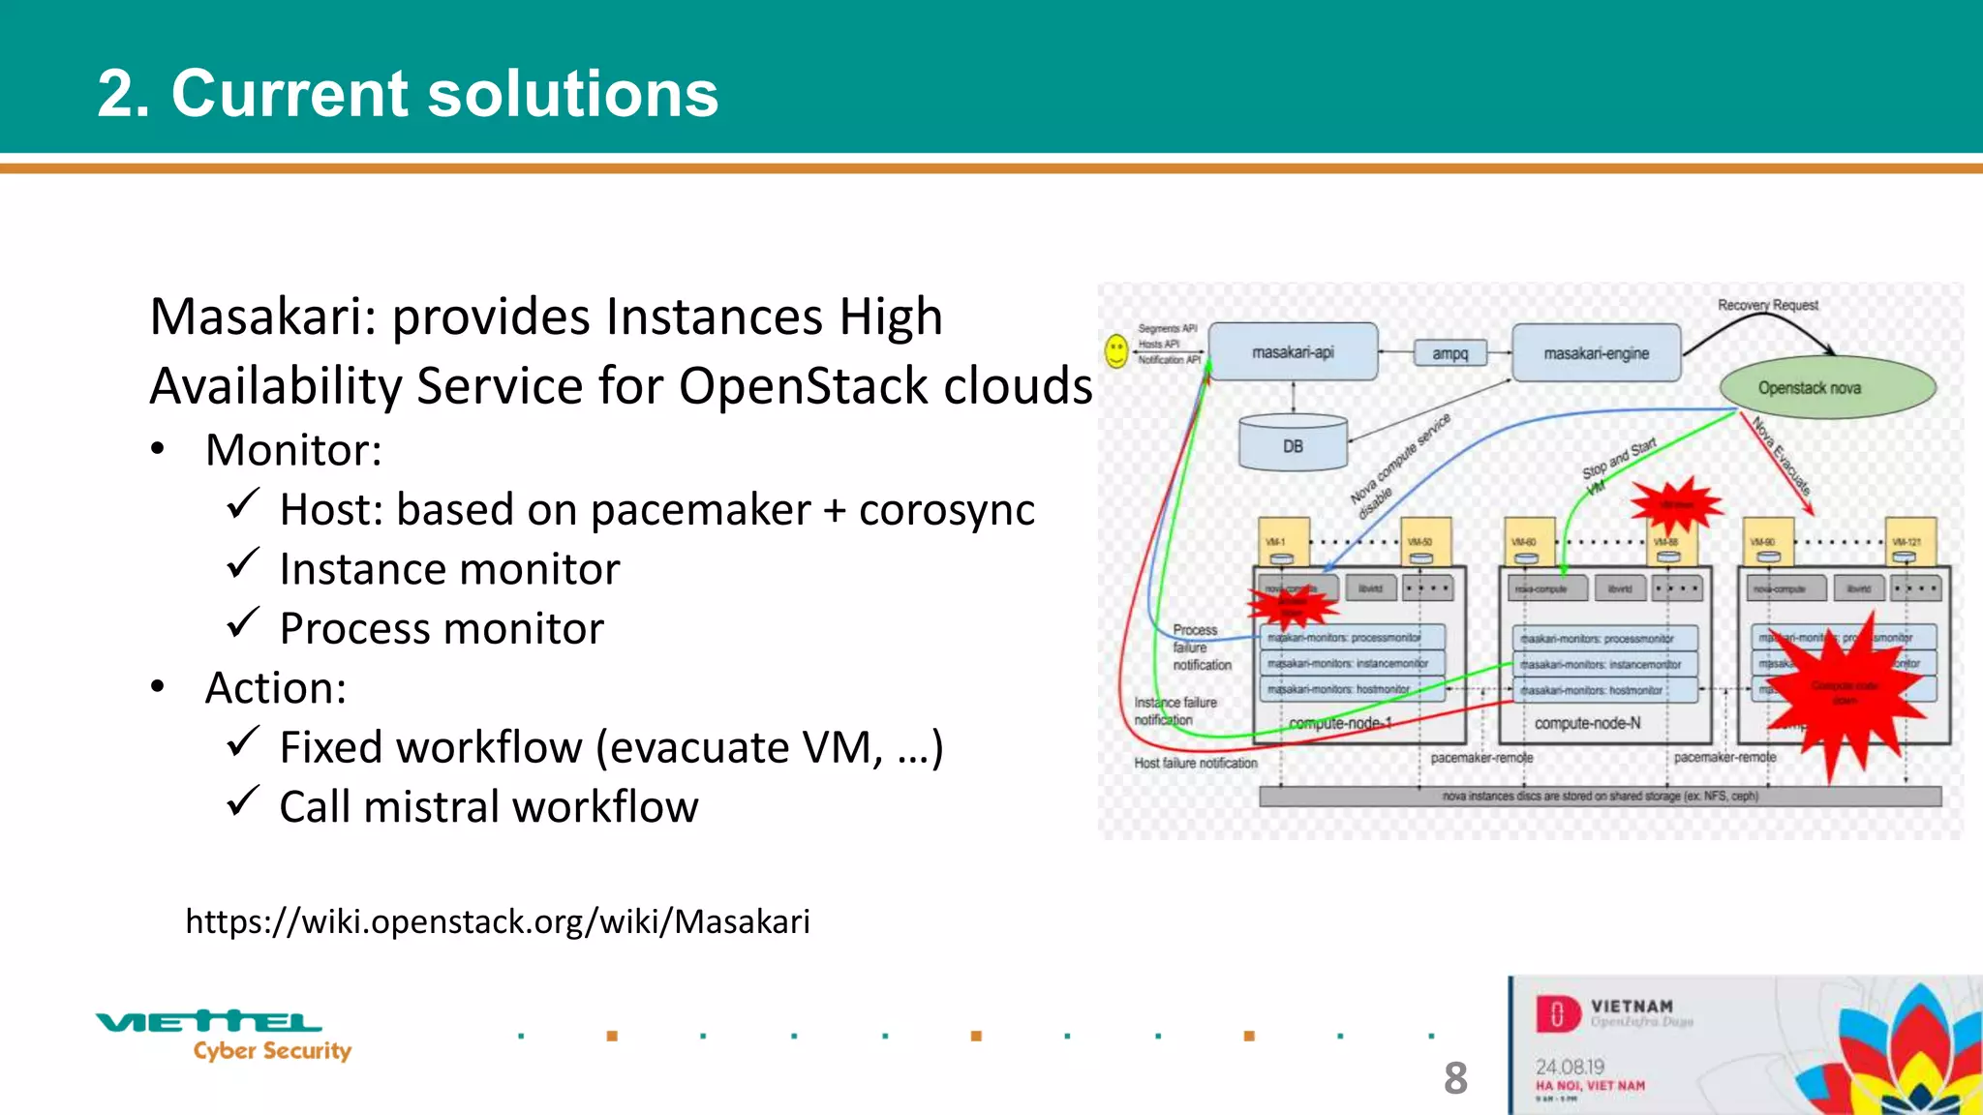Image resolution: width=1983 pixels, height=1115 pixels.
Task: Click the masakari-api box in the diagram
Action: point(1293,352)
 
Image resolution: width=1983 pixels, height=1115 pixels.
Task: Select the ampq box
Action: point(1449,354)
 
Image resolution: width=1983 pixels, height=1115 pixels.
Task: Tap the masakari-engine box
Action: point(1596,354)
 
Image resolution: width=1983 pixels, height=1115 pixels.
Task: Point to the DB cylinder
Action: point(1293,445)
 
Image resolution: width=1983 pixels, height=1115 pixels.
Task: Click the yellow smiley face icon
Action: point(1116,350)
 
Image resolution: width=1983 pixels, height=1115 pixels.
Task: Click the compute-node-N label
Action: point(1587,723)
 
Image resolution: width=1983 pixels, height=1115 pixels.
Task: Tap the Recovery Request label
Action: point(1767,305)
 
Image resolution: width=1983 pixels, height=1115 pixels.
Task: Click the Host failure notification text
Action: point(1195,764)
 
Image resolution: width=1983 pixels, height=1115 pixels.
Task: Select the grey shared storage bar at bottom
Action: point(1600,797)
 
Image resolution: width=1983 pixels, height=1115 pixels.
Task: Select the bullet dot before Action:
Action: point(158,687)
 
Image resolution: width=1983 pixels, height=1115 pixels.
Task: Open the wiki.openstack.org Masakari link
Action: point(497,921)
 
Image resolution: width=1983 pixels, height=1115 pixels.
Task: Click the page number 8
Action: point(1454,1078)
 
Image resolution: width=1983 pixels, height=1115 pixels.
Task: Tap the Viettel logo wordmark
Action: point(209,1021)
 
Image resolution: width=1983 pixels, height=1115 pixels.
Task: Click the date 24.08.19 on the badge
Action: point(1570,1067)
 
